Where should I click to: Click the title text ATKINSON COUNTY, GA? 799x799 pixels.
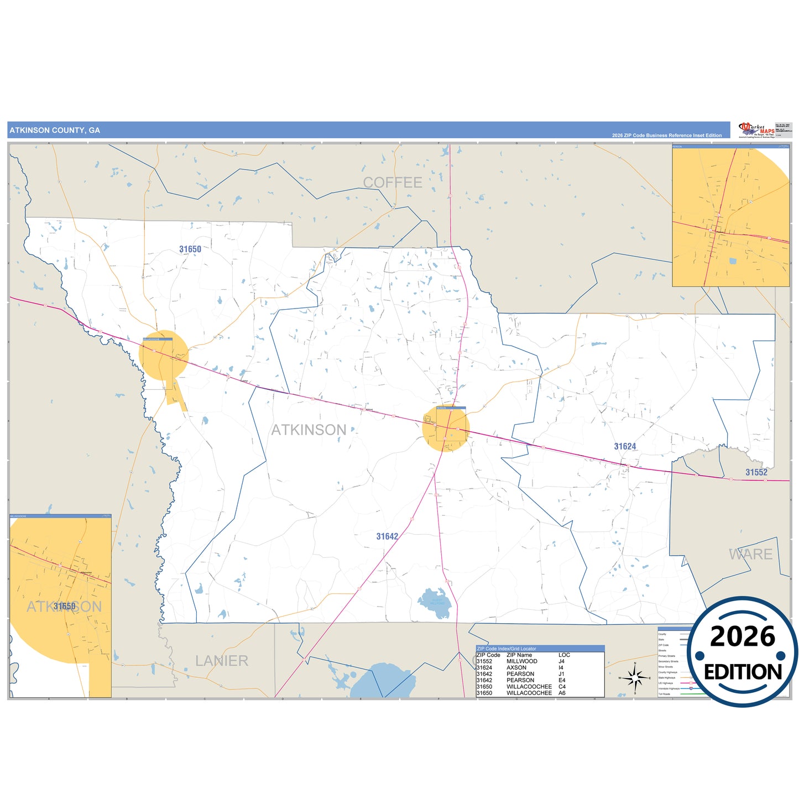pyautogui.click(x=55, y=130)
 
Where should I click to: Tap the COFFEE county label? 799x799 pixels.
pyautogui.click(x=392, y=182)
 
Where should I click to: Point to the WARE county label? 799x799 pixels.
pyautogui.click(x=750, y=554)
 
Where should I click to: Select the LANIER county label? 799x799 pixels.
pyautogui.click(x=221, y=661)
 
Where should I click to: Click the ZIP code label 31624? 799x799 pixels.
pyautogui.click(x=625, y=447)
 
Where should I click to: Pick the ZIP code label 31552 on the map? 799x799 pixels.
pyautogui.click(x=756, y=472)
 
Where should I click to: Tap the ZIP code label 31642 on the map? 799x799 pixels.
pyautogui.click(x=387, y=536)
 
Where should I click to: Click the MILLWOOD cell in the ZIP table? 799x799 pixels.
pyautogui.click(x=521, y=661)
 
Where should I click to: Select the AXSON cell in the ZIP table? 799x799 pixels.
pyautogui.click(x=516, y=667)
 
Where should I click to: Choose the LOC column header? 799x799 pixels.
pyautogui.click(x=564, y=655)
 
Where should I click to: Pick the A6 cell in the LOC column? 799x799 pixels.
pyautogui.click(x=562, y=693)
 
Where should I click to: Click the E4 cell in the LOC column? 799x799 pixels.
pyautogui.click(x=562, y=680)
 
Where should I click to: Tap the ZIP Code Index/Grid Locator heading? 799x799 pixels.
pyautogui.click(x=506, y=649)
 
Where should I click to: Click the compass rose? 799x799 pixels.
pyautogui.click(x=635, y=677)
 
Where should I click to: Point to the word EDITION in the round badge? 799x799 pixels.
pyautogui.click(x=743, y=672)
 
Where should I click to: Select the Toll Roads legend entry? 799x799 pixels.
pyautogui.click(x=664, y=694)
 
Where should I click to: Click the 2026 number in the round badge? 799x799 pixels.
pyautogui.click(x=743, y=637)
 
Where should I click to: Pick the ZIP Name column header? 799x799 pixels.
pyautogui.click(x=519, y=655)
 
